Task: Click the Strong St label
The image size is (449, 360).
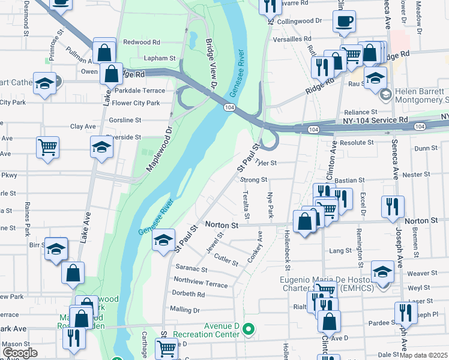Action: coord(253,179)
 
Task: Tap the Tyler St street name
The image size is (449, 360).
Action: coord(265,163)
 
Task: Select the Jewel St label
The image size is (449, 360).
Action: coord(214,242)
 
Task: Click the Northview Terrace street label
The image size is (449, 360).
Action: coord(200,281)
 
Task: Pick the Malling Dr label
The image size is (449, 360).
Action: coord(184,310)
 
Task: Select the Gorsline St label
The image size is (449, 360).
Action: coord(125,120)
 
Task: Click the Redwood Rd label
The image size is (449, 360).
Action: coord(142,43)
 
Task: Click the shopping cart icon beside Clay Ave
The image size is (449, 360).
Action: coord(47,146)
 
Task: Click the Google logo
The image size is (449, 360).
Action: coord(20,353)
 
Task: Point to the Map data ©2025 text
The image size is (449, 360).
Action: coord(423,355)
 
